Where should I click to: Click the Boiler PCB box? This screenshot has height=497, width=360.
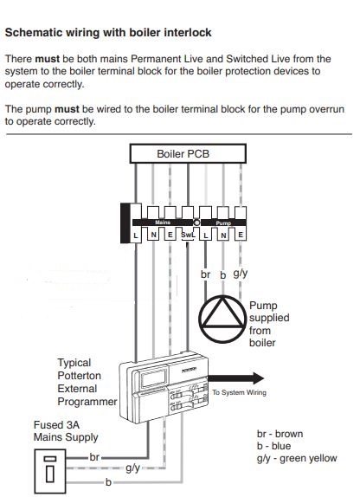tap(183, 154)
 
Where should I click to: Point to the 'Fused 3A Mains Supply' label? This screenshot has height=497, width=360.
tap(55, 431)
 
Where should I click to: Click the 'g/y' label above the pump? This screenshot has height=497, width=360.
tap(241, 274)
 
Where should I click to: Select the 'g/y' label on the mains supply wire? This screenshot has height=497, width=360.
tap(133, 468)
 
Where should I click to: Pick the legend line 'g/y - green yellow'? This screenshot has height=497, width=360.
tap(297, 458)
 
